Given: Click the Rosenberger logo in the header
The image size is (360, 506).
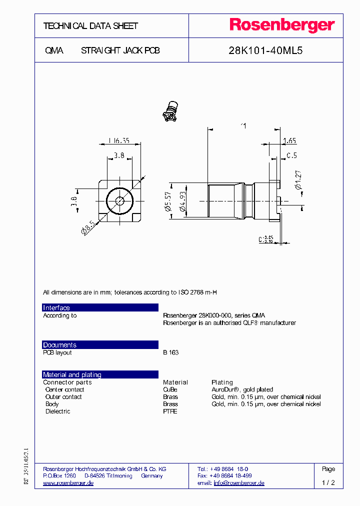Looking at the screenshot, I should pyautogui.click(x=281, y=25).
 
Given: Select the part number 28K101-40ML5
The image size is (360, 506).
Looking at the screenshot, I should pyautogui.click(x=265, y=50).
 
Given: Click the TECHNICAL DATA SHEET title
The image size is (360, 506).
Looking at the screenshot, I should pyautogui.click(x=90, y=26).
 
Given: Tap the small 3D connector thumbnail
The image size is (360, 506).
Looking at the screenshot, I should pyautogui.click(x=170, y=111).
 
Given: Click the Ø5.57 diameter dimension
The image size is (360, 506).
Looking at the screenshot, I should pyautogui.click(x=168, y=202).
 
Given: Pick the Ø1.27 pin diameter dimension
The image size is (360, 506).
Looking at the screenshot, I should pyautogui.click(x=298, y=180).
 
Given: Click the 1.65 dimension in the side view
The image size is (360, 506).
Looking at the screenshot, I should pyautogui.click(x=289, y=141).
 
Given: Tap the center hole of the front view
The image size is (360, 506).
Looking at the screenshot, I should pyautogui.click(x=120, y=201).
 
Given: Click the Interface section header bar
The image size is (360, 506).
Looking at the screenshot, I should pyautogui.click(x=100, y=307).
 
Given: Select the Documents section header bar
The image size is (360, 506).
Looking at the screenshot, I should pyautogui.click(x=100, y=345).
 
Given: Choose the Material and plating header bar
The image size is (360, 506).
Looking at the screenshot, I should pyautogui.click(x=100, y=374).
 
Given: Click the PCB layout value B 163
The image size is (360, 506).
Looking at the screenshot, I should pyautogui.click(x=170, y=352).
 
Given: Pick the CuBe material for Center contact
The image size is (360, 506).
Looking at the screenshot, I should pyautogui.click(x=170, y=389).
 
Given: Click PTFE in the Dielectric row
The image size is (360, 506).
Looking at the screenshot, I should pyautogui.click(x=170, y=411).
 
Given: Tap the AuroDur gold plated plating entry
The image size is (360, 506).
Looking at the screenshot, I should pyautogui.click(x=242, y=389).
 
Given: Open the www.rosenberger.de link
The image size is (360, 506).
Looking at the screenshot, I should pyautogui.click(x=68, y=483).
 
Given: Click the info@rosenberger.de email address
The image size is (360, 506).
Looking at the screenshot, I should pyautogui.click(x=239, y=483).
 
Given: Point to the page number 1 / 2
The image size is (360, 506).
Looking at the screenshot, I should pyautogui.click(x=328, y=483).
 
